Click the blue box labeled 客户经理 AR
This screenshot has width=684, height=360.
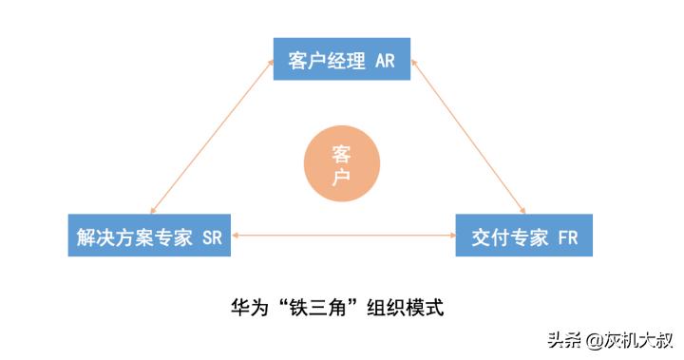(x=341, y=62)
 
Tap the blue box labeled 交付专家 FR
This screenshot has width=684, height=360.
(x=525, y=237)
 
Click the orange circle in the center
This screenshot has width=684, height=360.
(x=341, y=165)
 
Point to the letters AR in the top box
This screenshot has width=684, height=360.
(x=384, y=62)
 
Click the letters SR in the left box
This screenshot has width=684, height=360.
(x=211, y=237)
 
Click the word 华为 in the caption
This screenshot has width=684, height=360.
(x=250, y=308)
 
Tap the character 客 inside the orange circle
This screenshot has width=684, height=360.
(x=341, y=155)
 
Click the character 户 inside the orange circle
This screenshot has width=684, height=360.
(x=341, y=177)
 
